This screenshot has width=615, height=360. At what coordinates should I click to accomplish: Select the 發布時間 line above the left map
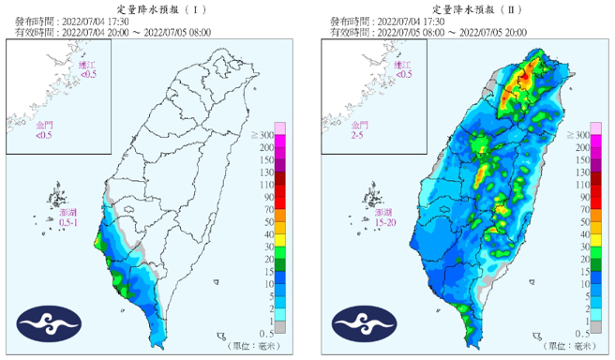point(74,20)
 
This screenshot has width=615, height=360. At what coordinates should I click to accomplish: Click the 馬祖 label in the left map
point(87,68)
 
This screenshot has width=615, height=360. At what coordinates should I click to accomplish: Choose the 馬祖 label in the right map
point(402,68)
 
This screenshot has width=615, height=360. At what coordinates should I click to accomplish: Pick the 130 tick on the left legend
point(266,173)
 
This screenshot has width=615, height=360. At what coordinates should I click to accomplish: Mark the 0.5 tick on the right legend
point(581,333)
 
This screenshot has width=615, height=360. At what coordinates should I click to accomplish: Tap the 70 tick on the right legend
point(582,210)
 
